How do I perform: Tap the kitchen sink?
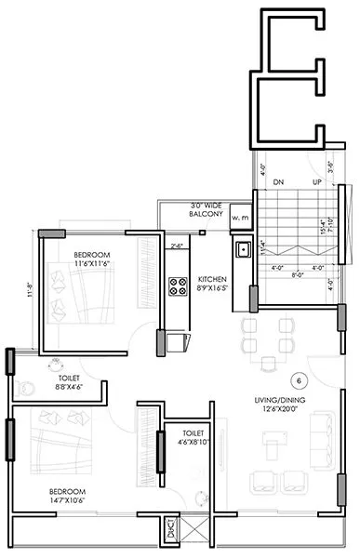pyautogui.click(x=242, y=248)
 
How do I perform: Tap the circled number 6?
pyautogui.click(x=299, y=380)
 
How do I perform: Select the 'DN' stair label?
pyautogui.click(x=279, y=182)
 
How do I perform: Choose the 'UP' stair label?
pyautogui.click(x=316, y=182)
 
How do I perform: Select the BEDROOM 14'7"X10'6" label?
pyautogui.click(x=67, y=496)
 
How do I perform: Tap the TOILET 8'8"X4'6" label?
pyautogui.click(x=65, y=382)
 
